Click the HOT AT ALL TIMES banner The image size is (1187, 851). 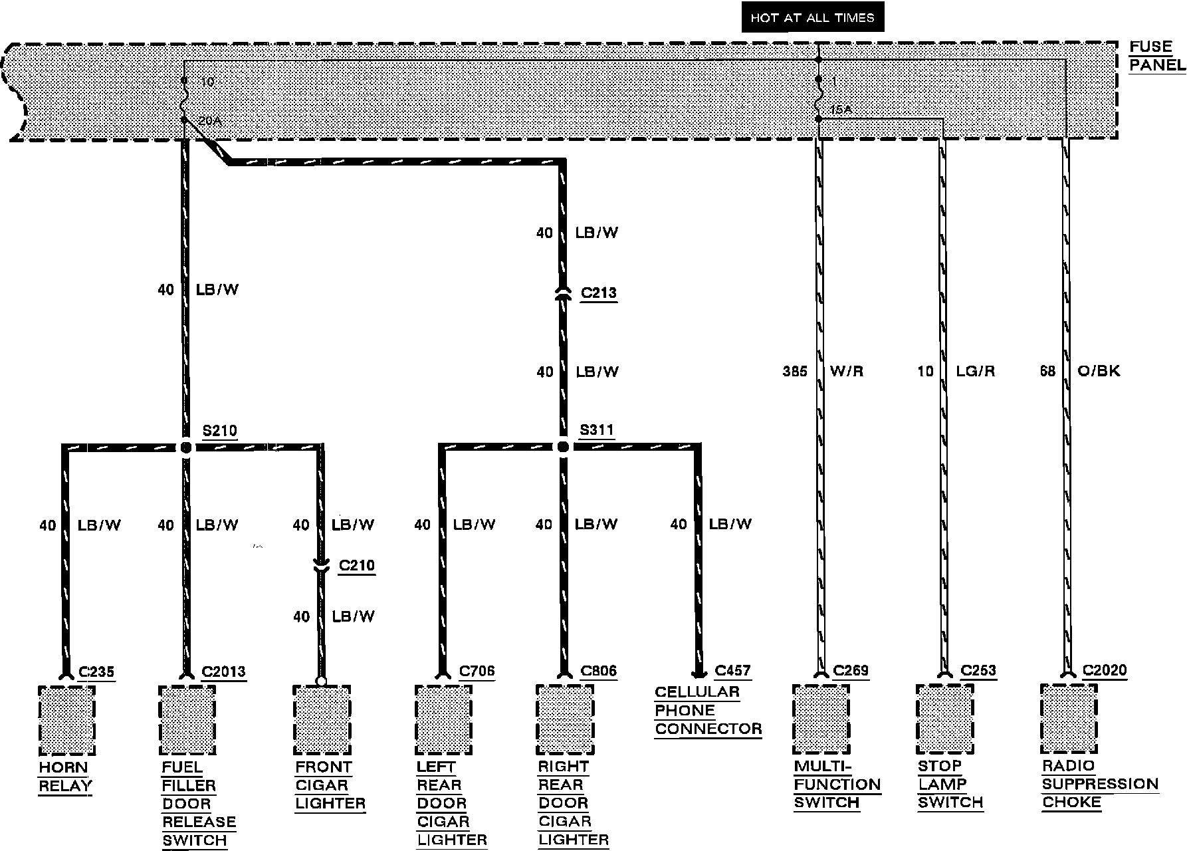[812, 18]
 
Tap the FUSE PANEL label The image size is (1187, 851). [1156, 56]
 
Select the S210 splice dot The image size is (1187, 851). [186, 447]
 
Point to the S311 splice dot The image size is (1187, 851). [563, 447]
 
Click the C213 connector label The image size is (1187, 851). [598, 293]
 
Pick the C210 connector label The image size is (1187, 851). [357, 566]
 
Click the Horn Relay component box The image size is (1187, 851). [66, 721]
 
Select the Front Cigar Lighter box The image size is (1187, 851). [322, 721]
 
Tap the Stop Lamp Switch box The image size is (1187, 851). [944, 719]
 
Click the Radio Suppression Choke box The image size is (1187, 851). [1069, 719]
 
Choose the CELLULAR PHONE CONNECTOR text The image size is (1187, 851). [707, 710]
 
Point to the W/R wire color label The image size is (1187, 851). [847, 372]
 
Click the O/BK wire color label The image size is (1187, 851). [1099, 371]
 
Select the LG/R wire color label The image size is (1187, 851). [975, 372]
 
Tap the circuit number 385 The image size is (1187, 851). [795, 372]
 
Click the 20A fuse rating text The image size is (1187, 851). [209, 121]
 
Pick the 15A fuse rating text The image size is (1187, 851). [841, 109]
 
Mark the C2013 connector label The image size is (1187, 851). [223, 671]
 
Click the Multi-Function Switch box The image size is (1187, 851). [821, 719]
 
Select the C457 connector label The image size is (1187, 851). [732, 671]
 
